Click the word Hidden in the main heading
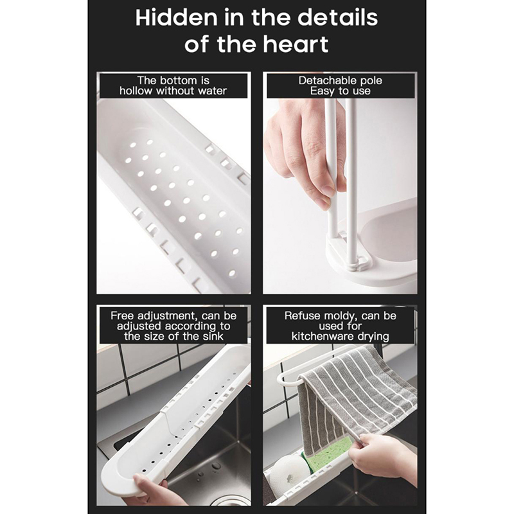click(176, 18)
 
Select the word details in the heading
click(338, 18)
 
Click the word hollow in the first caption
click(136, 91)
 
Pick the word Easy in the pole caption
click(322, 91)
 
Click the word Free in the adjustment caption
click(122, 315)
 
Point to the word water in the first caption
click(212, 91)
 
